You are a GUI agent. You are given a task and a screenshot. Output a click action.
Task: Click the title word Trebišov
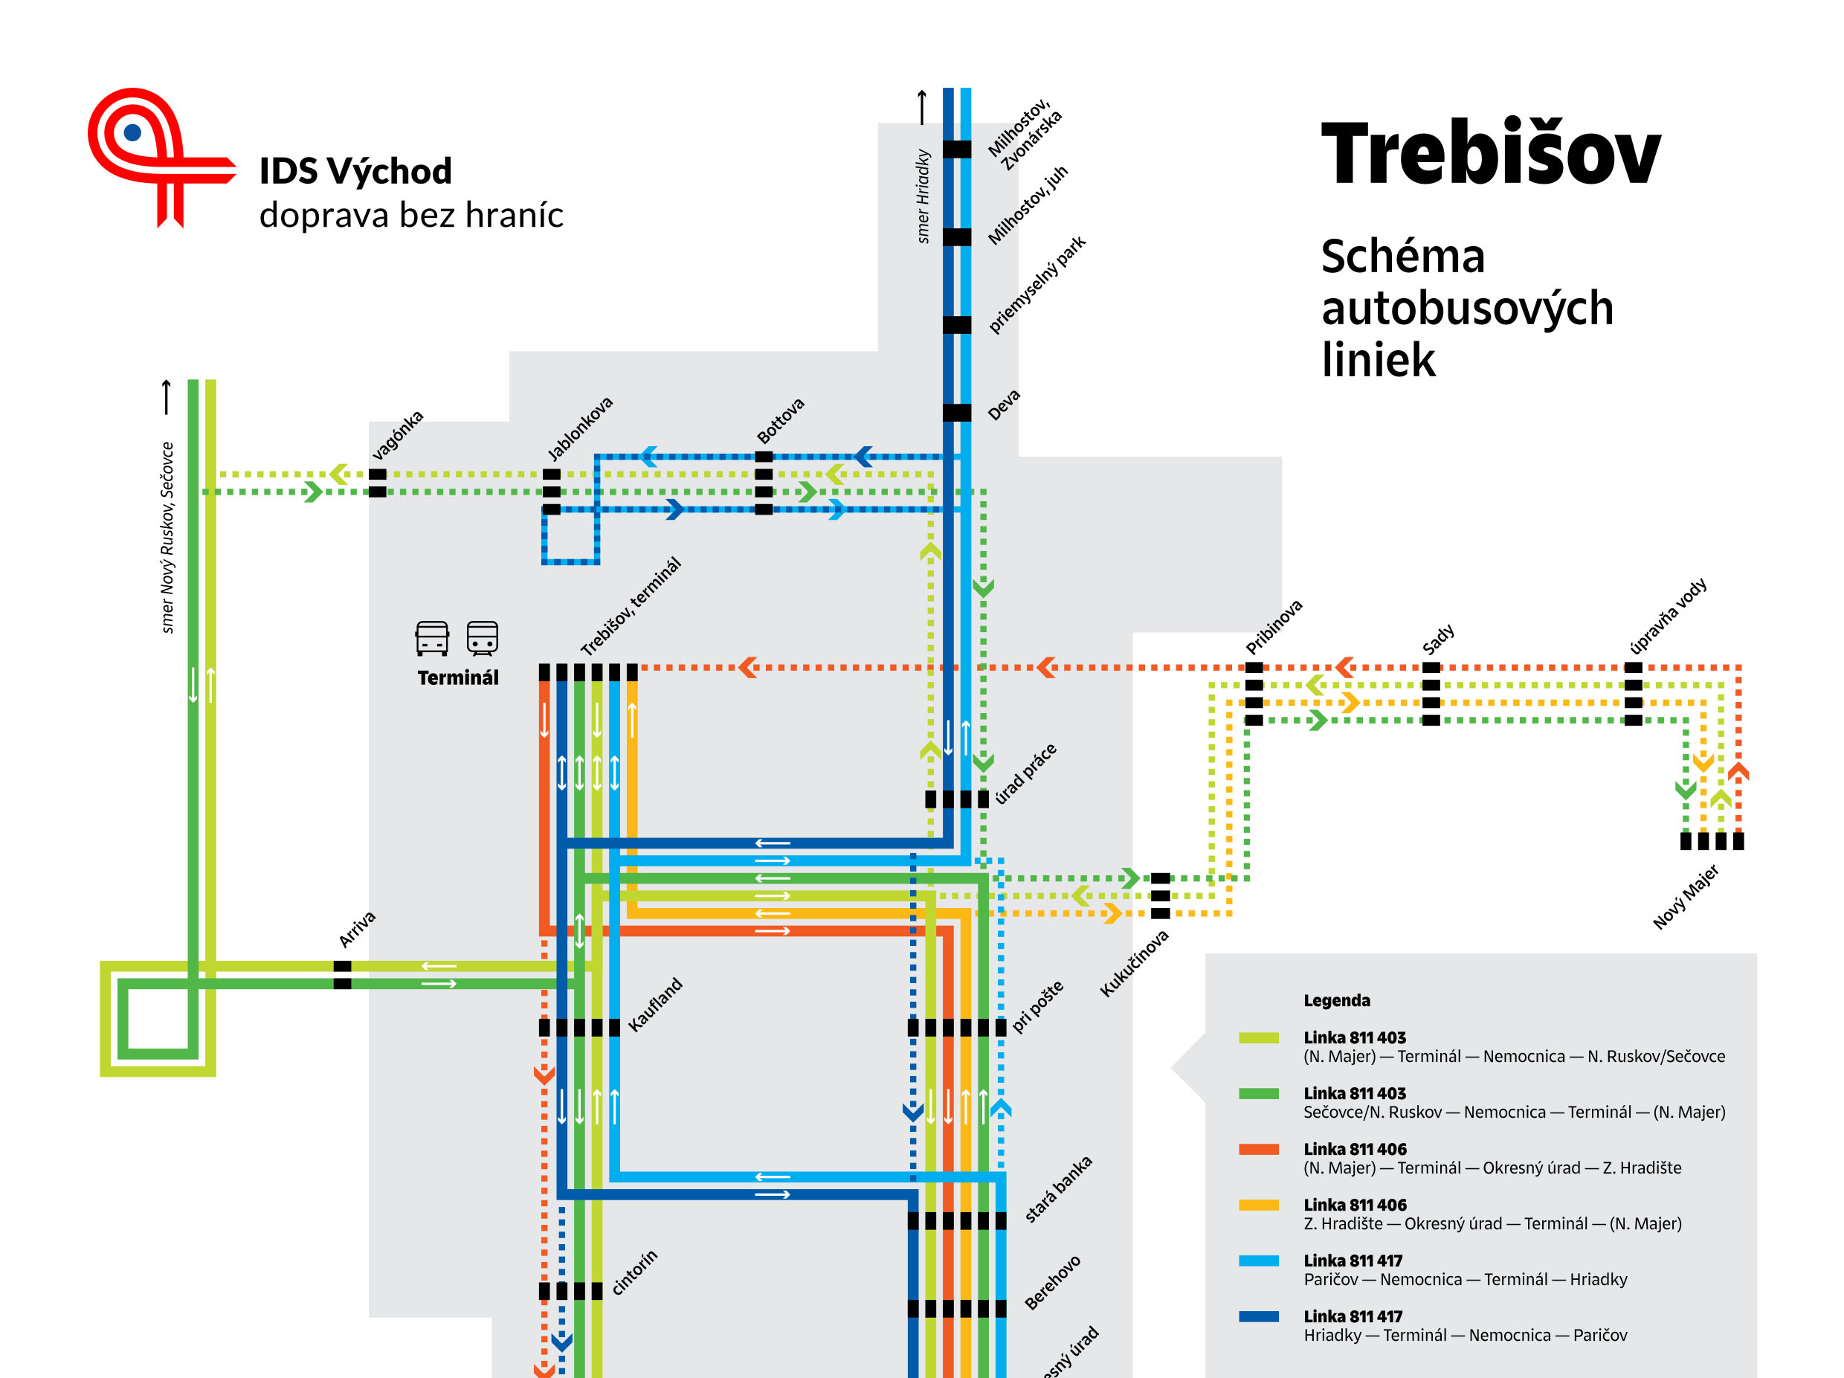pos(1490,154)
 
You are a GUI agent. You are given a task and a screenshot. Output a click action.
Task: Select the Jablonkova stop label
pos(579,428)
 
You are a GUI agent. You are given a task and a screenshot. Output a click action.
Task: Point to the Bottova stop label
pos(780,420)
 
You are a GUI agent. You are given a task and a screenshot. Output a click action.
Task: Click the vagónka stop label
pos(397,434)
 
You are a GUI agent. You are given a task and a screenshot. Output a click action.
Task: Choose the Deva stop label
pos(1004,405)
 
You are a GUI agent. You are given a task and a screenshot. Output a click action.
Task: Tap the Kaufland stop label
pos(654,1005)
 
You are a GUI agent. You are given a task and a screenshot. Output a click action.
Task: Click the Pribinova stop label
pos(1274,627)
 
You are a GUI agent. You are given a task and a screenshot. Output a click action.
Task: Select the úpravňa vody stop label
pos(1668,615)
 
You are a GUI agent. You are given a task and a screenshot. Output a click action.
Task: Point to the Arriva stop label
pos(357,929)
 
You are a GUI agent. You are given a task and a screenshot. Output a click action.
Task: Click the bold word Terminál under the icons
pos(458,677)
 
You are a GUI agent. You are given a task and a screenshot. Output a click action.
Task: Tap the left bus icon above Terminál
pos(432,639)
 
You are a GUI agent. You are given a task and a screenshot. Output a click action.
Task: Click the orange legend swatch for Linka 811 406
pos(1259,1149)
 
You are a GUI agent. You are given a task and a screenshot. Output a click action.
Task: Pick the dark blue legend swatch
pos(1259,1316)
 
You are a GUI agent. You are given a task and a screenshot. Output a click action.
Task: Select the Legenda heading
pos(1336,1000)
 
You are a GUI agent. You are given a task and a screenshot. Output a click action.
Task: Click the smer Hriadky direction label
pos(923,196)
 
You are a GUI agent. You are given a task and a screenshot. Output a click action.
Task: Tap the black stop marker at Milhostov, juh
pos(957,236)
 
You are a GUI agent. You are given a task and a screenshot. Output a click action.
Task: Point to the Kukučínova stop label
pos(1134,963)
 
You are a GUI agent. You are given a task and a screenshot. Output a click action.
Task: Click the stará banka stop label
pos(1058,1189)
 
